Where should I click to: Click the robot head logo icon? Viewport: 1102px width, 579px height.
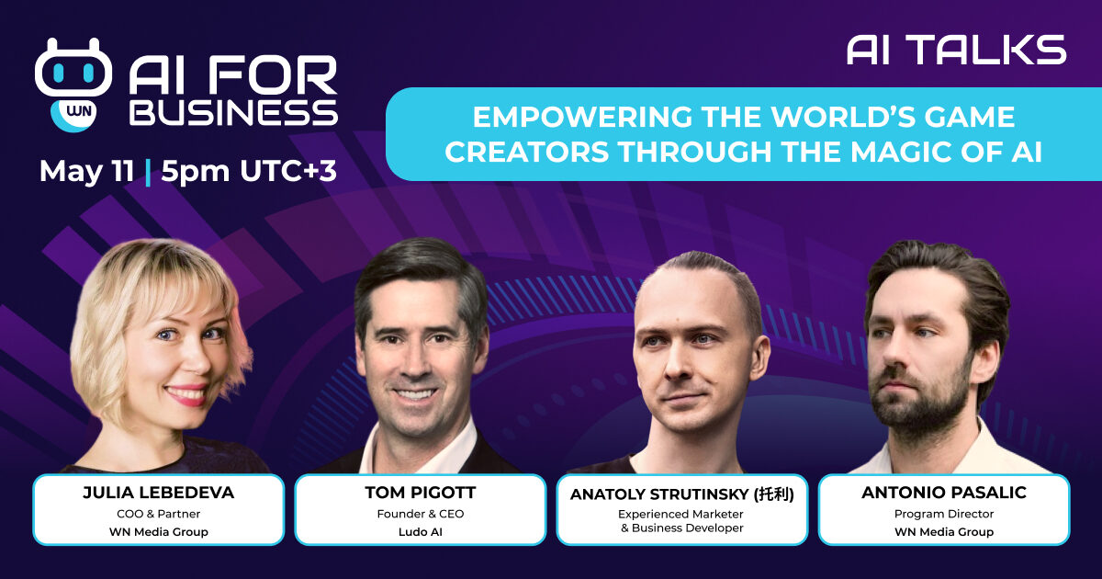[x=73, y=68]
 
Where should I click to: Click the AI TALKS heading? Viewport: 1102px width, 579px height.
[x=956, y=50]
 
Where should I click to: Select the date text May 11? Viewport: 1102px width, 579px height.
[x=87, y=171]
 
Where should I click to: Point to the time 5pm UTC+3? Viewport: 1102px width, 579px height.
[x=249, y=171]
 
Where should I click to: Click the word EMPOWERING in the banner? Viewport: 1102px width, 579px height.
[x=582, y=117]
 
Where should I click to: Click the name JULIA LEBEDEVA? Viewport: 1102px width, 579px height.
[x=158, y=493]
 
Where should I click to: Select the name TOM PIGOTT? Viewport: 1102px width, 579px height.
[x=421, y=493]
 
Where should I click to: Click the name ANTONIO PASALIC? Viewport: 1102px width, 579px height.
[x=944, y=493]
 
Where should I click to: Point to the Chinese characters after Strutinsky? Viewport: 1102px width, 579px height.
[x=774, y=494]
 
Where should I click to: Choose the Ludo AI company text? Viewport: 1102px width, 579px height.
[x=421, y=532]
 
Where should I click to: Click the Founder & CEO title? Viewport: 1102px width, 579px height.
[x=421, y=514]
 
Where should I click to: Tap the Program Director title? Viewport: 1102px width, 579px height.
[x=944, y=514]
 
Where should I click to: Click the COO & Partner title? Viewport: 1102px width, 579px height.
[x=158, y=514]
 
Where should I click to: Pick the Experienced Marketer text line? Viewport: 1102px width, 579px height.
[x=680, y=514]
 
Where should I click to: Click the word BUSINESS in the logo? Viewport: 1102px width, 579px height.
[x=233, y=113]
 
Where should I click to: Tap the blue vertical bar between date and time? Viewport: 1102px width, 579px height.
[x=148, y=172]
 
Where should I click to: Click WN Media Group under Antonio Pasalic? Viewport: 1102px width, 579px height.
[x=944, y=532]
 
